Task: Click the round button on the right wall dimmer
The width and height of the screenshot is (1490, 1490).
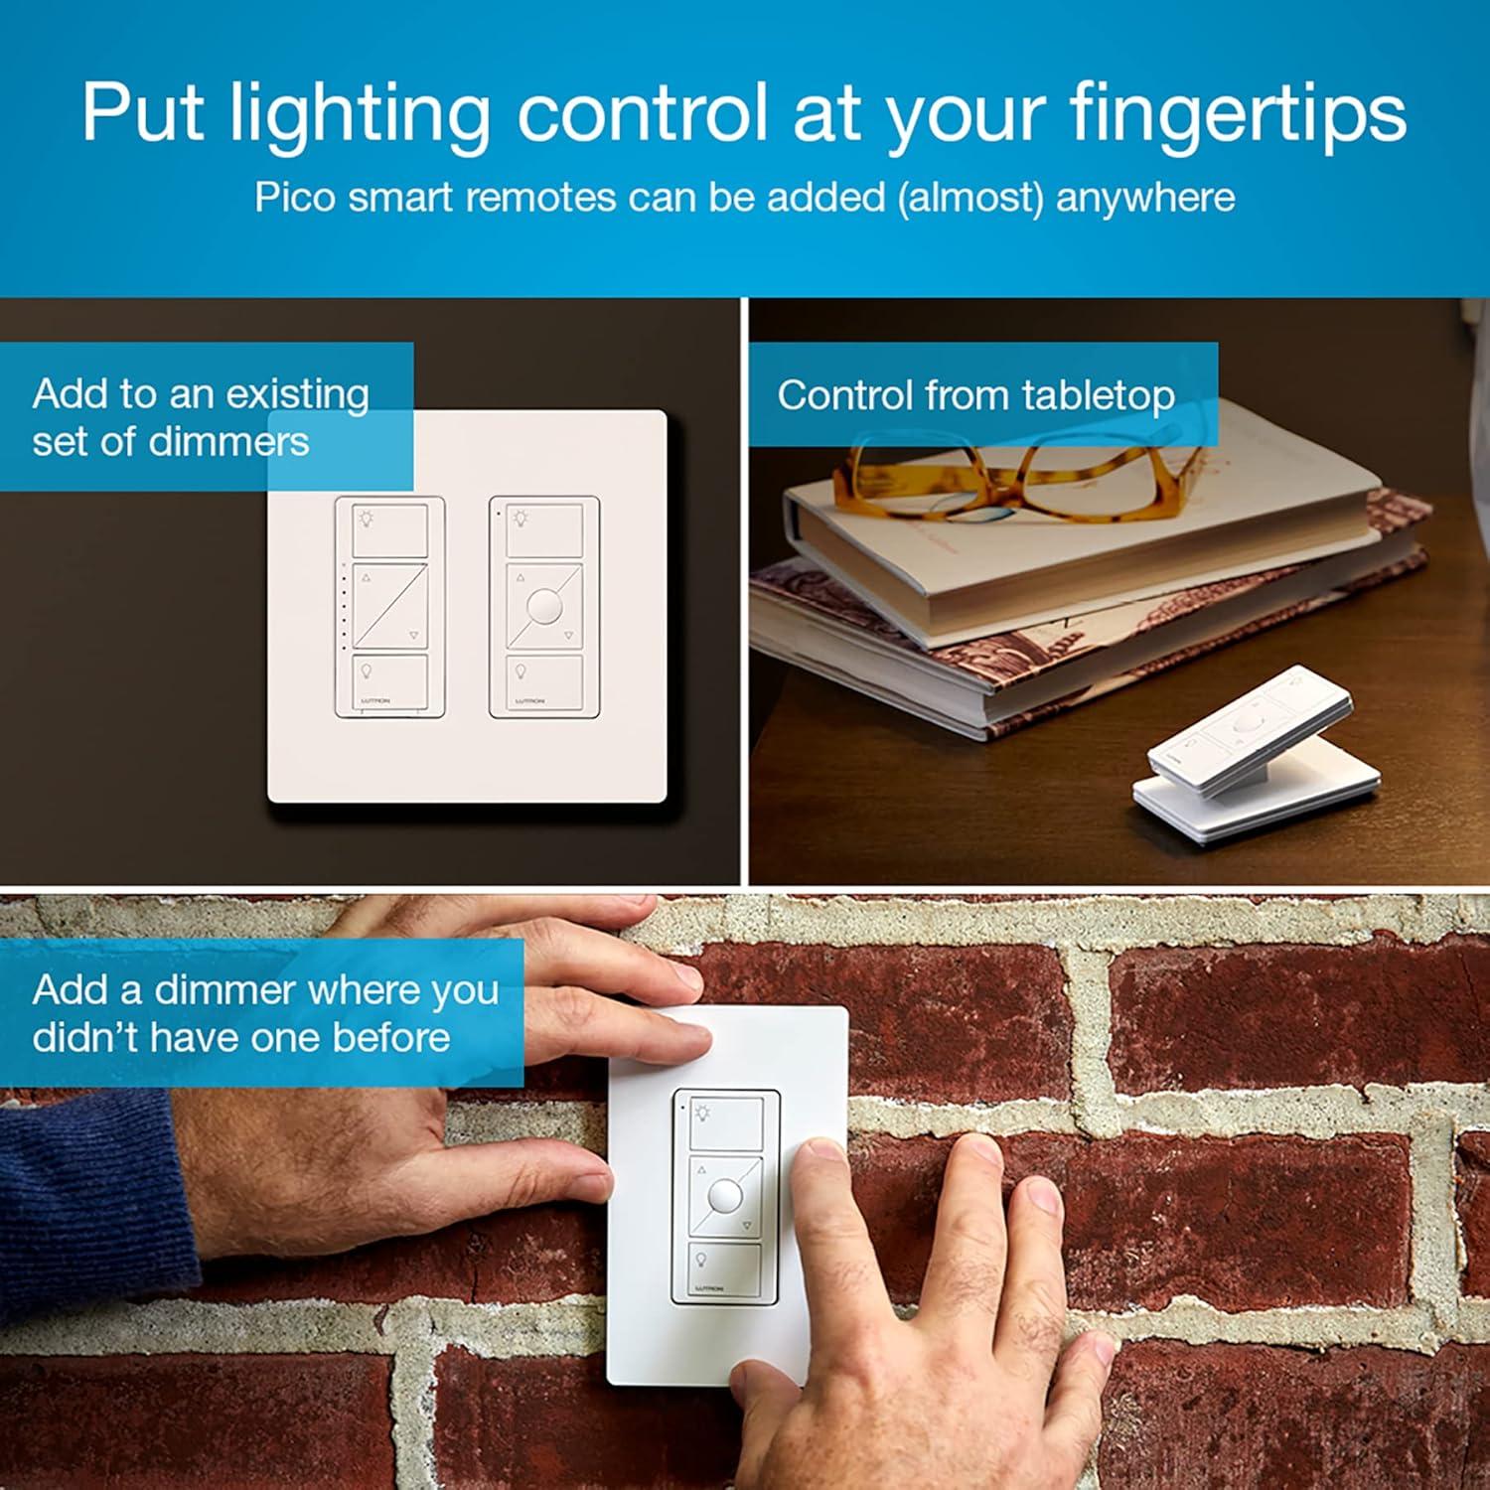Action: coord(544,605)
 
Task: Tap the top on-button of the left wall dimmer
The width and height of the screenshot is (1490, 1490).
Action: coord(390,529)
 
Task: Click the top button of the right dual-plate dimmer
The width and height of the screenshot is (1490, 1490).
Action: coord(544,529)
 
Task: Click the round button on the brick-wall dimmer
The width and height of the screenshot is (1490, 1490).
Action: coord(725,1193)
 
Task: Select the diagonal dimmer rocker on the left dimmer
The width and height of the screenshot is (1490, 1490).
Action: coord(390,606)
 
